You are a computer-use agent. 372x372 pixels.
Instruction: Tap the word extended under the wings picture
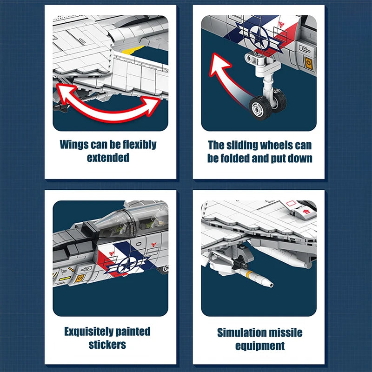(x=108, y=158)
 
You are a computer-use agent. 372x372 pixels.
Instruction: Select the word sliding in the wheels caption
(x=246, y=146)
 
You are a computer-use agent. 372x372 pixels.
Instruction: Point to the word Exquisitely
(x=87, y=332)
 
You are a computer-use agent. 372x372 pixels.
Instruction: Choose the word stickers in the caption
(x=107, y=345)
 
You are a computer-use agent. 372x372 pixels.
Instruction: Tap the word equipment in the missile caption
(x=259, y=346)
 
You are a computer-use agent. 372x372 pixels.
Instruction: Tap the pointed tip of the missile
(x=271, y=285)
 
